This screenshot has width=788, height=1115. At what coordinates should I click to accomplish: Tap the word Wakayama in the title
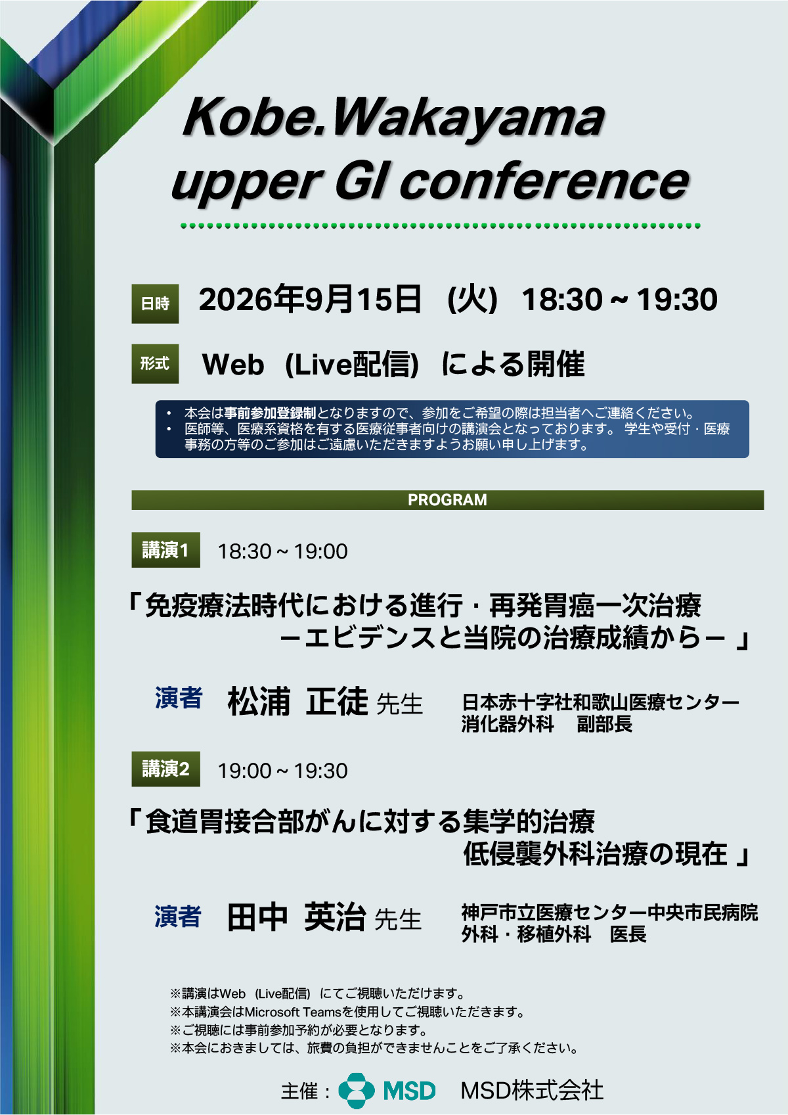(x=468, y=120)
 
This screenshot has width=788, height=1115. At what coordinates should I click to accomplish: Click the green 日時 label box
(x=155, y=304)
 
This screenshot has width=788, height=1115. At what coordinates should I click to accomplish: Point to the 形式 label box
(x=155, y=364)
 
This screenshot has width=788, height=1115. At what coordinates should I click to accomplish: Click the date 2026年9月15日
(x=309, y=299)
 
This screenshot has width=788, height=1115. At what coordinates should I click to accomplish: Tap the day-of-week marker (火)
(x=472, y=300)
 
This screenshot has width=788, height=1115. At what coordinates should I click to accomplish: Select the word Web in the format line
(x=233, y=365)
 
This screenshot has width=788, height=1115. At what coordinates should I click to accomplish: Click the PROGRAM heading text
(x=447, y=500)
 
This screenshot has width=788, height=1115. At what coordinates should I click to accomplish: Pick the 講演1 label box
(x=165, y=550)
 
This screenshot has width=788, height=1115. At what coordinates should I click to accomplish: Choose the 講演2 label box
(x=165, y=769)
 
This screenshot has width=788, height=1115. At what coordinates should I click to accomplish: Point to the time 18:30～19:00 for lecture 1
(x=282, y=551)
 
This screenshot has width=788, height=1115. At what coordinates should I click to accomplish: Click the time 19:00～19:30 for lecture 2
(x=282, y=771)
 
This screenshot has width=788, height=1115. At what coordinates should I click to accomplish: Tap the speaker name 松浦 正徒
(x=297, y=701)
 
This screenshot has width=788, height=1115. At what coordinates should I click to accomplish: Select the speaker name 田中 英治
(x=297, y=917)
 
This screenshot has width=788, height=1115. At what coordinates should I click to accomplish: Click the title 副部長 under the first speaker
(x=604, y=724)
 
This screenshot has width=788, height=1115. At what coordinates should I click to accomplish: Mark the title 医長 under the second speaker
(x=628, y=934)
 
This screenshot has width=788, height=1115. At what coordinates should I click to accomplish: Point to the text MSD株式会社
(x=532, y=1091)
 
